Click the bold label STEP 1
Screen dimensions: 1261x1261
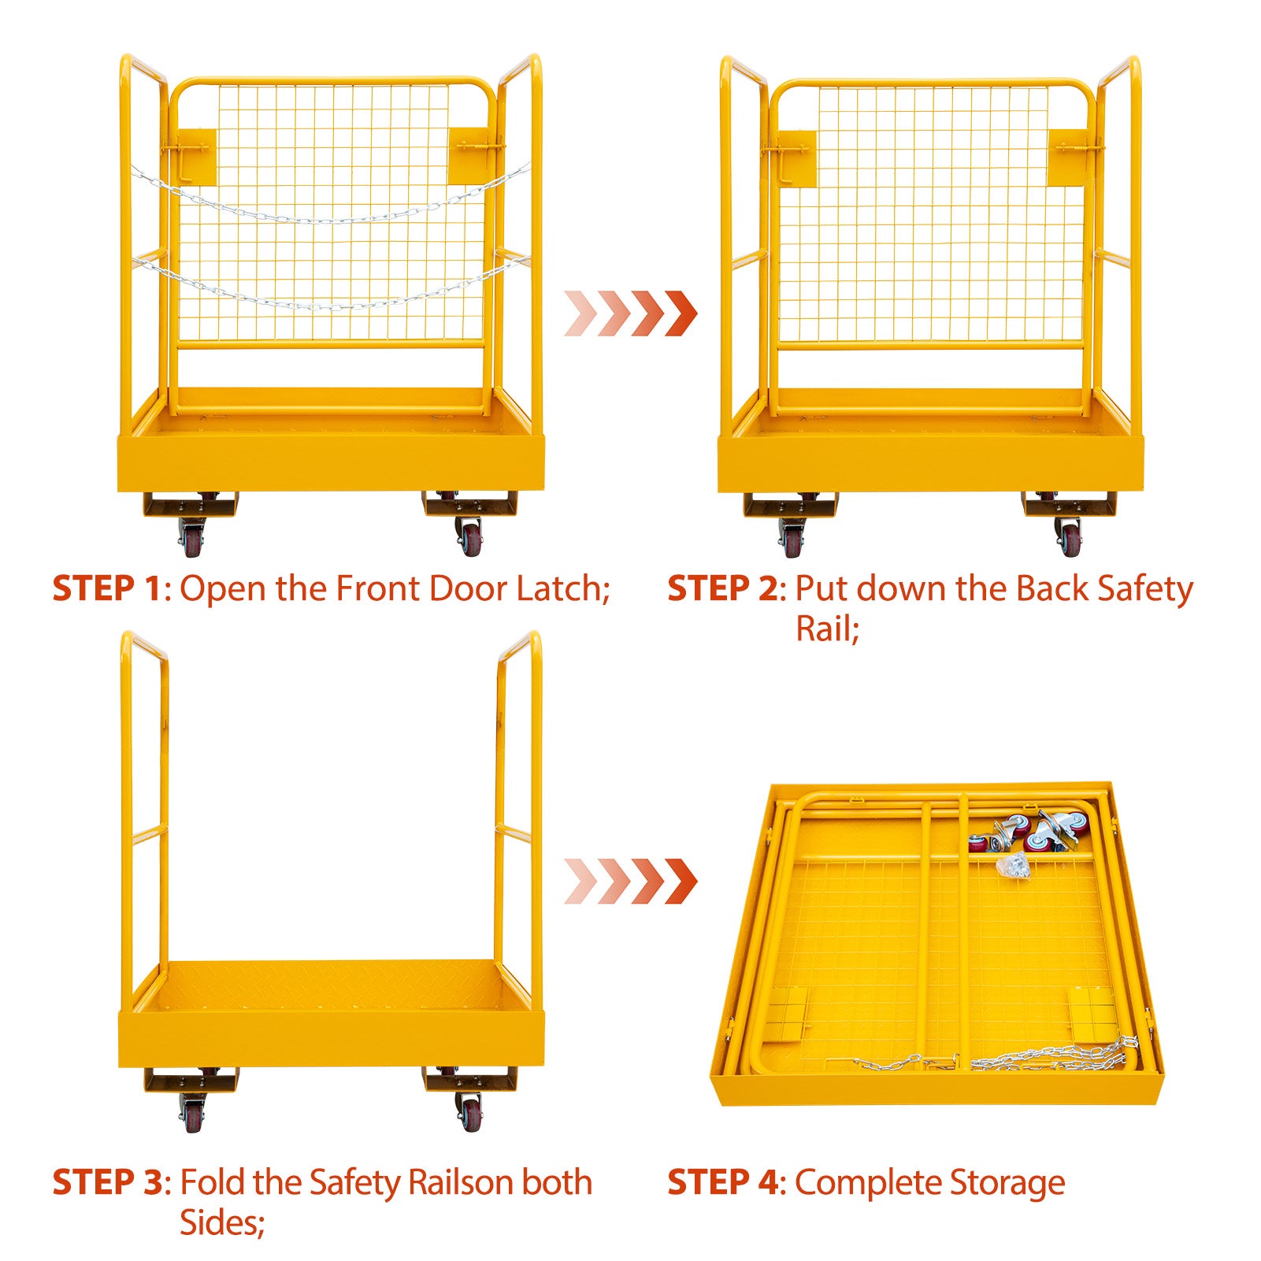(x=106, y=588)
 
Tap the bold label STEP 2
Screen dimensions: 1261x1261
(x=722, y=588)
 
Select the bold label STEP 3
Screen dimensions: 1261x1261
(x=106, y=1182)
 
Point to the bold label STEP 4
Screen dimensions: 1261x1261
(x=722, y=1182)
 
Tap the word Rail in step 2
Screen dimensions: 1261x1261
(x=822, y=629)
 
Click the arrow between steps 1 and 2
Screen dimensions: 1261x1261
(x=631, y=313)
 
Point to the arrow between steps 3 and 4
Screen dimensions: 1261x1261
(x=631, y=881)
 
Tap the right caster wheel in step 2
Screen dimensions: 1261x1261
(x=1069, y=537)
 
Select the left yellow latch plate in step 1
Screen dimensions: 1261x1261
(x=196, y=156)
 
